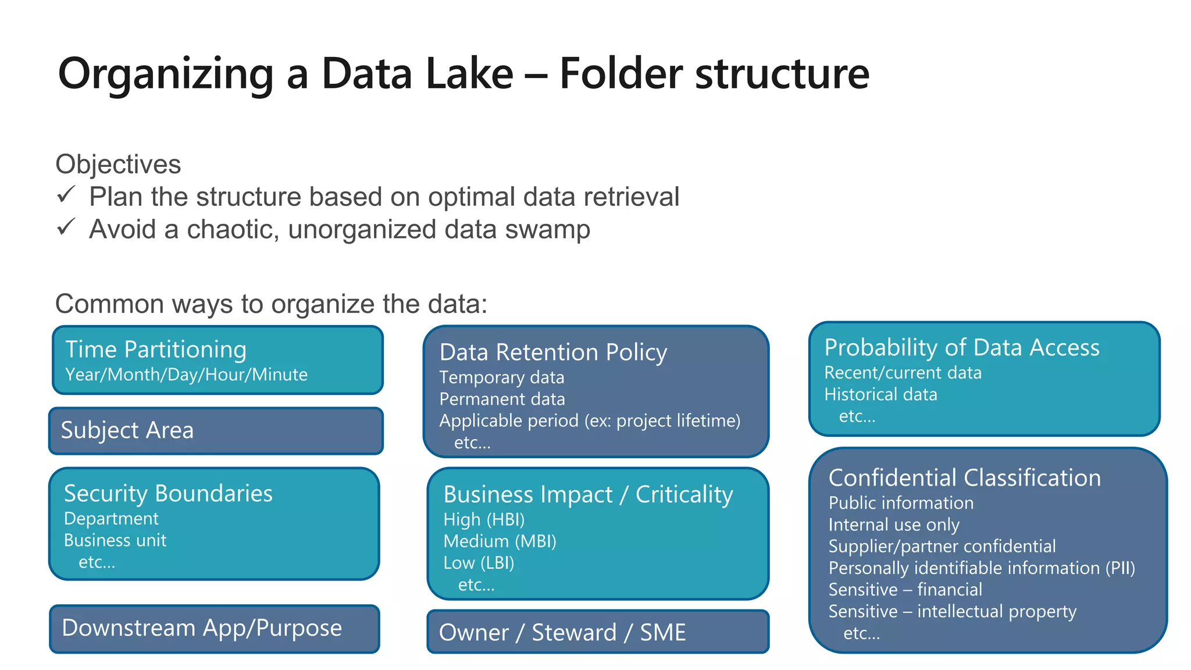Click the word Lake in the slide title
(x=469, y=74)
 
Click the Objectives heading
(x=118, y=164)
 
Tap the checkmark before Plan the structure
(x=66, y=194)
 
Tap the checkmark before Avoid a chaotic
(x=66, y=227)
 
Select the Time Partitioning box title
(x=156, y=350)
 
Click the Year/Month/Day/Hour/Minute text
(x=186, y=375)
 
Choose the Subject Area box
(x=215, y=431)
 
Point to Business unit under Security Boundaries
(x=115, y=540)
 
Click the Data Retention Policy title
(x=553, y=352)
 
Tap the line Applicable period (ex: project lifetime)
(x=590, y=420)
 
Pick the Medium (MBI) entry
(x=500, y=541)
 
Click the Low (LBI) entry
(x=479, y=563)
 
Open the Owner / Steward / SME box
(x=597, y=632)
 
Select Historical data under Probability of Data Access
(x=880, y=394)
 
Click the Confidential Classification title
(x=964, y=478)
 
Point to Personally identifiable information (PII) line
(x=982, y=568)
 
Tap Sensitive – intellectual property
(x=952, y=611)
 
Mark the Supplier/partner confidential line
(x=942, y=546)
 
